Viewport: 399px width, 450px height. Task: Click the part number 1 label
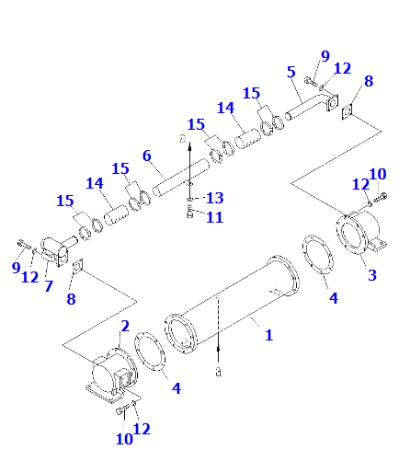(x=268, y=335)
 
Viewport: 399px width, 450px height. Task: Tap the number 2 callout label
(x=125, y=326)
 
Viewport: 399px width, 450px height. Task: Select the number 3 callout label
(x=372, y=275)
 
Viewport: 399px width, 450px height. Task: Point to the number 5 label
(x=291, y=72)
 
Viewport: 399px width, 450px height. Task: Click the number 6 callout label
(x=147, y=156)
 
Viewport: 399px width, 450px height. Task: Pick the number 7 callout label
(x=49, y=286)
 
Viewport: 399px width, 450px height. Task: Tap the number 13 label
(x=214, y=198)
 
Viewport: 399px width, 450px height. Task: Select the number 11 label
(x=214, y=217)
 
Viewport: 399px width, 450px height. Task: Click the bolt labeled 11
(x=189, y=212)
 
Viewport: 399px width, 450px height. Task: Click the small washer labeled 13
(x=189, y=200)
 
